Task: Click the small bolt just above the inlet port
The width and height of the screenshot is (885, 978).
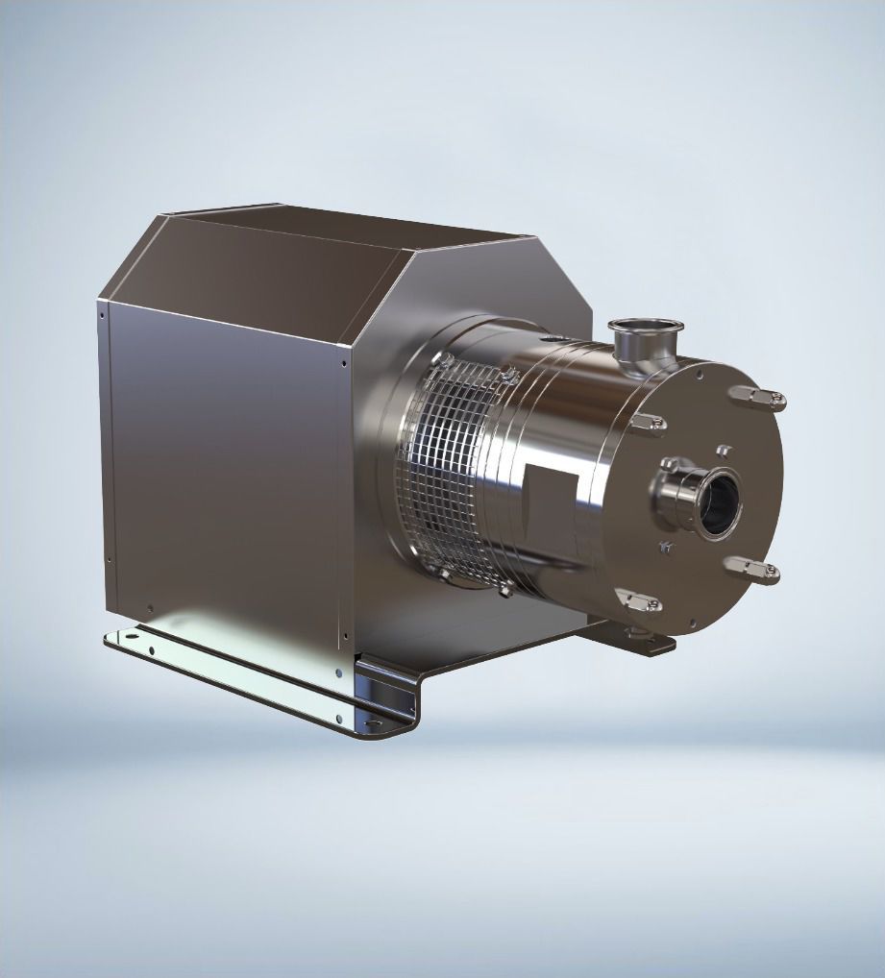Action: (x=723, y=449)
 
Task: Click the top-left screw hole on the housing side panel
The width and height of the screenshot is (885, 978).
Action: (x=101, y=311)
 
